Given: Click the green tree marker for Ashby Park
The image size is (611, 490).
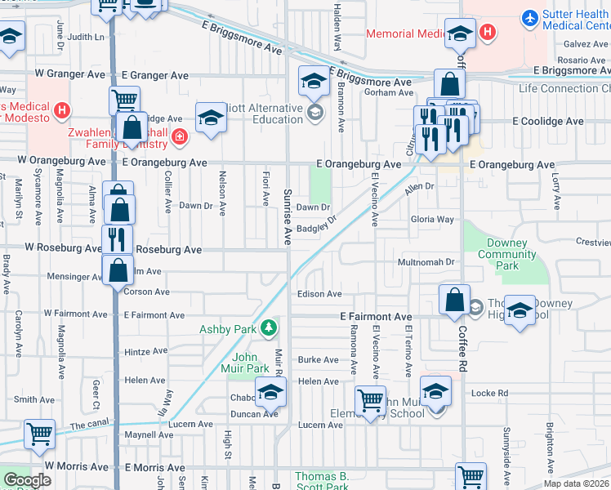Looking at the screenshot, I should (267, 329).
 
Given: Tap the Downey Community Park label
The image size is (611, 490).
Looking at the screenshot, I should (506, 254).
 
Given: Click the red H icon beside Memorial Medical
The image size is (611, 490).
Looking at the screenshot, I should (488, 33).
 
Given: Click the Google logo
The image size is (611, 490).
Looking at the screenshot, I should (27, 479).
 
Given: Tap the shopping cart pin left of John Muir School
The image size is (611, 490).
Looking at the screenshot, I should (370, 401).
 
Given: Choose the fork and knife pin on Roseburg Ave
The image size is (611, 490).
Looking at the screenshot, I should (117, 239).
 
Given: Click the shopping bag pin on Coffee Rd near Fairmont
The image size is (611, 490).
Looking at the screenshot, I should (453, 299).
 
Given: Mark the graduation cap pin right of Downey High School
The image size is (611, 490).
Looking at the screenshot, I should (519, 311).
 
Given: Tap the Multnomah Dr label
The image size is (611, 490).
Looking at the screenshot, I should (425, 262).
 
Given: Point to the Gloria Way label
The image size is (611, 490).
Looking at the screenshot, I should (432, 220).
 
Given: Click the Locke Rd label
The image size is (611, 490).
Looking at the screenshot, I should (490, 393).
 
